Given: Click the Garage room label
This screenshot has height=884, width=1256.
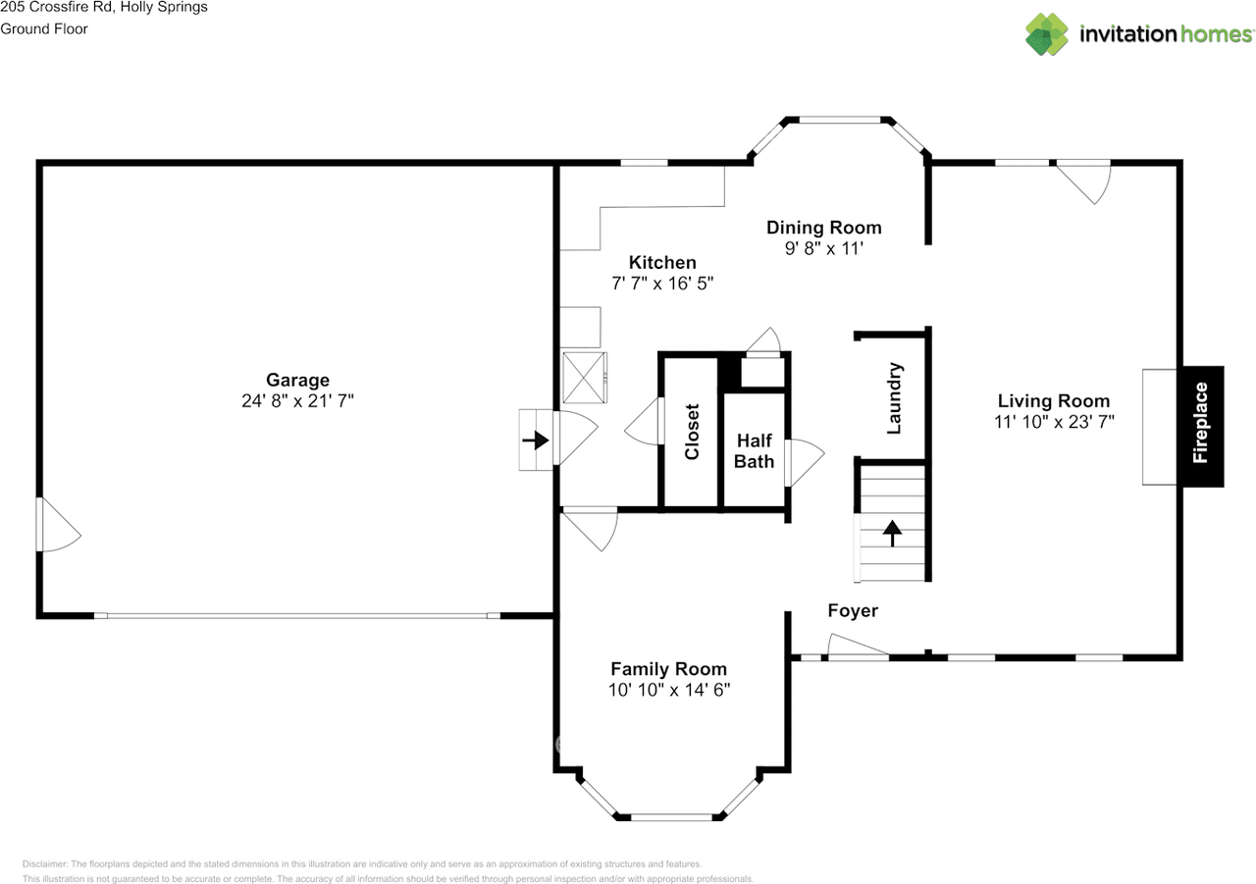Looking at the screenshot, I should click(x=297, y=380).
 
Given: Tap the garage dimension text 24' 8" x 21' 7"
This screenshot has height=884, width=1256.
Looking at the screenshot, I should click(x=297, y=400).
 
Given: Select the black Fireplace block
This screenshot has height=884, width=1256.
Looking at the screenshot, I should click(x=1201, y=427).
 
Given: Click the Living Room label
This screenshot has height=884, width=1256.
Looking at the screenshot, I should click(x=1053, y=400).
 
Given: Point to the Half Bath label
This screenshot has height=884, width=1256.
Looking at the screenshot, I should click(x=755, y=451).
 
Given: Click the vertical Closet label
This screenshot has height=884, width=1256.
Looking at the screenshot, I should click(x=692, y=432).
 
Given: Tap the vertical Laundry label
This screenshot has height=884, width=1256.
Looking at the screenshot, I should click(x=894, y=398).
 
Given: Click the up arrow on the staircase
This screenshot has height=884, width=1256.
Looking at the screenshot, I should click(x=892, y=533).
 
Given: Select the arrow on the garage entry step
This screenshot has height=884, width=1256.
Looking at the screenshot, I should click(x=535, y=441).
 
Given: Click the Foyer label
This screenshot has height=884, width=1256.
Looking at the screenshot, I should click(x=852, y=610).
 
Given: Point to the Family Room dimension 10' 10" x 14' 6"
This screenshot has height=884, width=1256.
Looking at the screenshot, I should click(x=668, y=690).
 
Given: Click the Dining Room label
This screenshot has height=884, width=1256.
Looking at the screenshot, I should click(x=823, y=228).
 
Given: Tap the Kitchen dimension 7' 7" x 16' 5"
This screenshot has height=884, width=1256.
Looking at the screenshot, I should click(x=661, y=284).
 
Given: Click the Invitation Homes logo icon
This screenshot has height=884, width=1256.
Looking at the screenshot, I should click(x=1047, y=34).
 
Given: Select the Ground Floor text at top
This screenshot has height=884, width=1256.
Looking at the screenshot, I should click(x=44, y=28).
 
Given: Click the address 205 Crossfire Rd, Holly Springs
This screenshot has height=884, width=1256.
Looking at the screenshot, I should click(x=104, y=8).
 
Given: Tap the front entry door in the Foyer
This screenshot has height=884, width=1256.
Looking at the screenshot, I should click(x=859, y=648).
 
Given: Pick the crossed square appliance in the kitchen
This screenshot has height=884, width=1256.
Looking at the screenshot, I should click(x=585, y=378).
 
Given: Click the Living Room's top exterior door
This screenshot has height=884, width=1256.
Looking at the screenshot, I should click(x=1084, y=177).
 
